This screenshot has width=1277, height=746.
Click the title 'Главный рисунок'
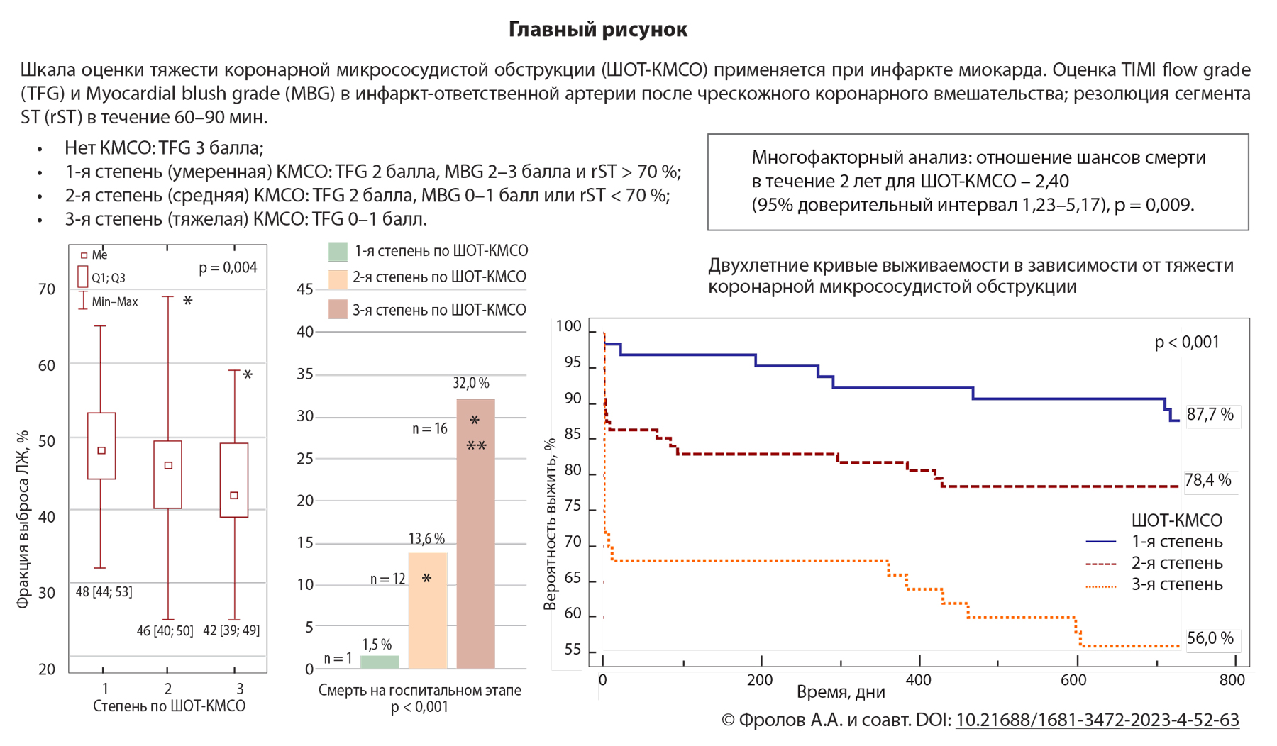(x=597, y=30)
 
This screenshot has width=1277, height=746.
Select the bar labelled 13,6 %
(x=427, y=610)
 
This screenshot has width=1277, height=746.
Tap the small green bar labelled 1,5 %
(x=380, y=662)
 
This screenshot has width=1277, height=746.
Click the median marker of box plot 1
(x=101, y=450)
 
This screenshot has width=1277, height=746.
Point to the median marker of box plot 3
(x=235, y=495)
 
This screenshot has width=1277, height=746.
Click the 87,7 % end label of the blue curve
(x=1210, y=414)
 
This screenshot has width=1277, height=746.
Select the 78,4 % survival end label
(x=1207, y=480)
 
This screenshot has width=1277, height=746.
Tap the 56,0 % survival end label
(x=1210, y=638)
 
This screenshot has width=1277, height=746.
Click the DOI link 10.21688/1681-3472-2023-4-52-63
(x=1097, y=720)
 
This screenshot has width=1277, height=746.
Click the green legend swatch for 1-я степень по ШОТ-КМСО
(x=338, y=251)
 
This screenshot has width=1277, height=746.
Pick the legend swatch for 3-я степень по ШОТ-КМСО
(x=338, y=309)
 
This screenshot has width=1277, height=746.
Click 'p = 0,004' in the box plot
(x=228, y=267)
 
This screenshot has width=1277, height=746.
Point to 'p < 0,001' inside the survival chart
(x=1186, y=343)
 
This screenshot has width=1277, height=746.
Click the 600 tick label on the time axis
(x=1073, y=680)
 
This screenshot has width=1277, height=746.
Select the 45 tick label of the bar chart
(x=305, y=289)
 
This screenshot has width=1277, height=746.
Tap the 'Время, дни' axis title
(x=841, y=692)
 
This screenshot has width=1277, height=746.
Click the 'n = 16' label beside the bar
(x=430, y=428)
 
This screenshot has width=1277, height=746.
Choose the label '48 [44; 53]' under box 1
(x=104, y=591)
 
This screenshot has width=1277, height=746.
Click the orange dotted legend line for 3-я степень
(x=1101, y=586)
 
